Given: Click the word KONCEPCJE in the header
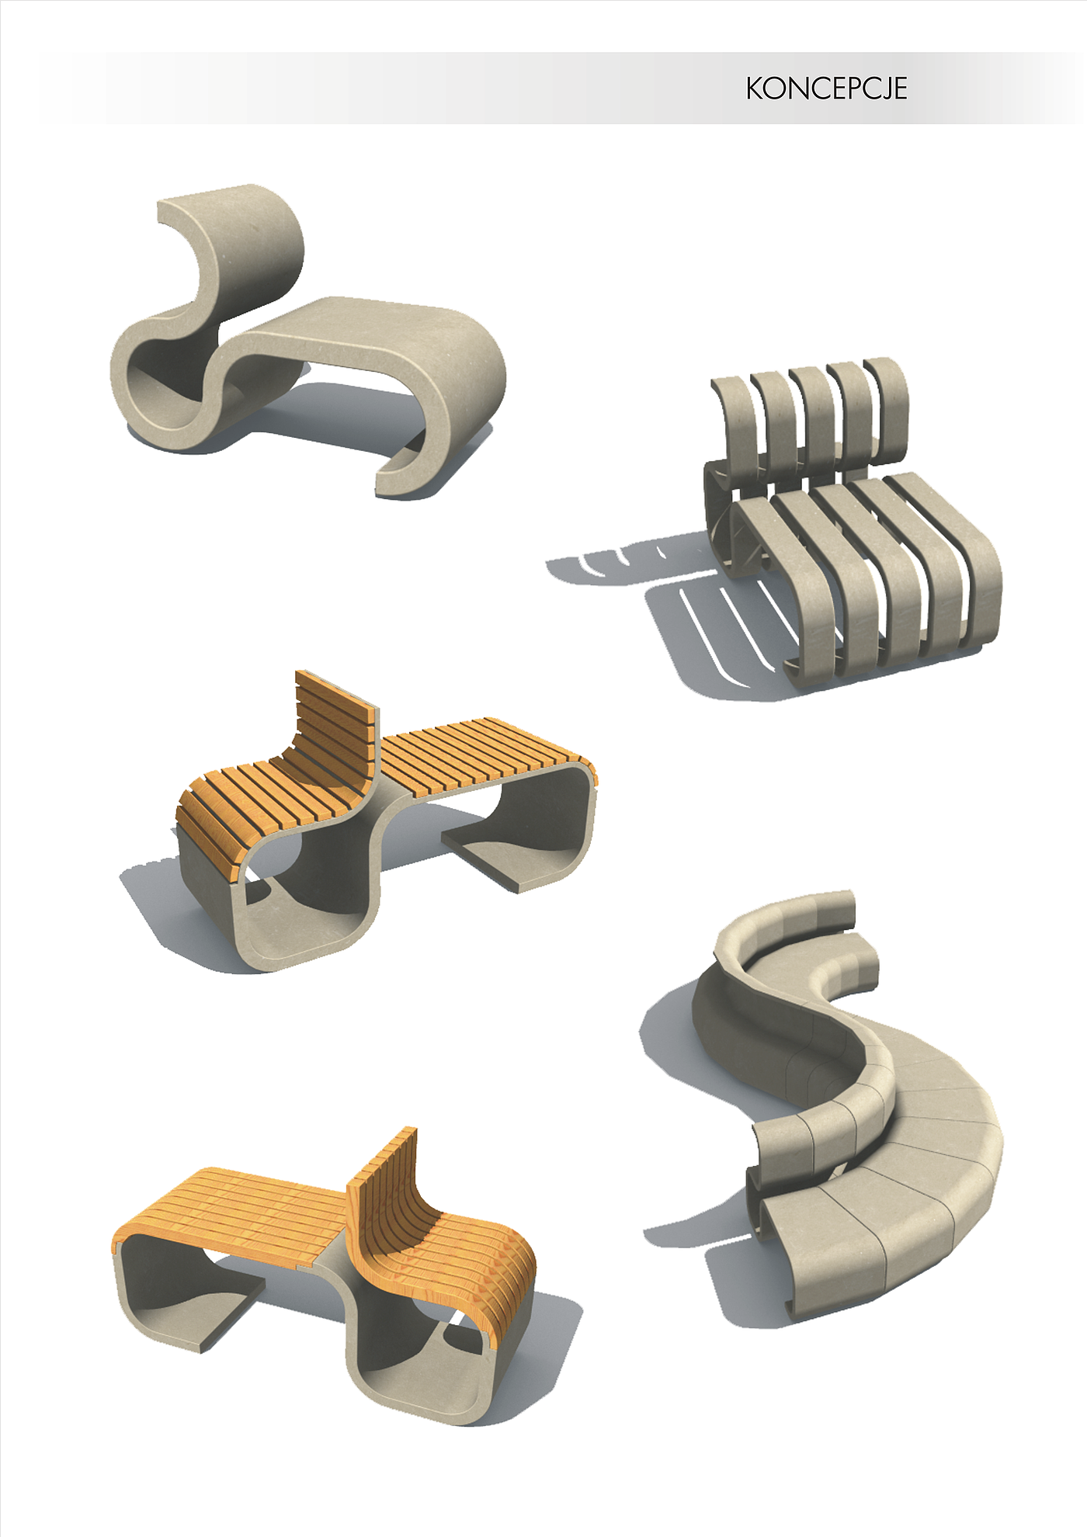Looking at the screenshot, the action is [826, 88].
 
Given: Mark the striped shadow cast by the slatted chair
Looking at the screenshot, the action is [699, 613].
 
